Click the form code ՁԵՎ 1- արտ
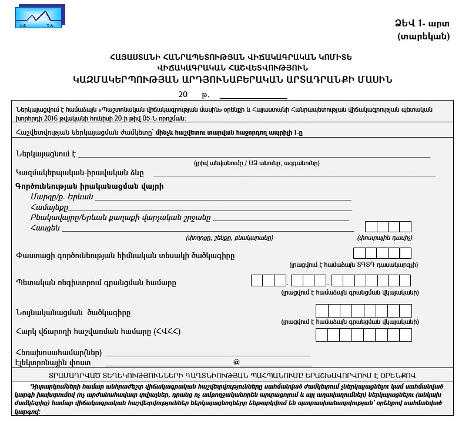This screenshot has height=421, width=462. tap(421, 24)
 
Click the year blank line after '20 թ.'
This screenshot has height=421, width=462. tap(253, 94)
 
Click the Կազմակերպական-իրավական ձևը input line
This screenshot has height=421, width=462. tap(294, 173)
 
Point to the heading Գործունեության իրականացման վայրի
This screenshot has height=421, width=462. tap(89, 186)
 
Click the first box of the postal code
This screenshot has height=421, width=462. tap(371, 227)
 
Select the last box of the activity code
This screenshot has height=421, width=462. tap(405, 253)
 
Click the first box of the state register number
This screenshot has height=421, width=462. tap(257, 280)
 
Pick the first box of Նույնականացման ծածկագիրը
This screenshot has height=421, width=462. tap(322, 310)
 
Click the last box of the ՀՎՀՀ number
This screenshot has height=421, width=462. tap(405, 335)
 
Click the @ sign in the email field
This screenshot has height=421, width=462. tap(236, 363)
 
